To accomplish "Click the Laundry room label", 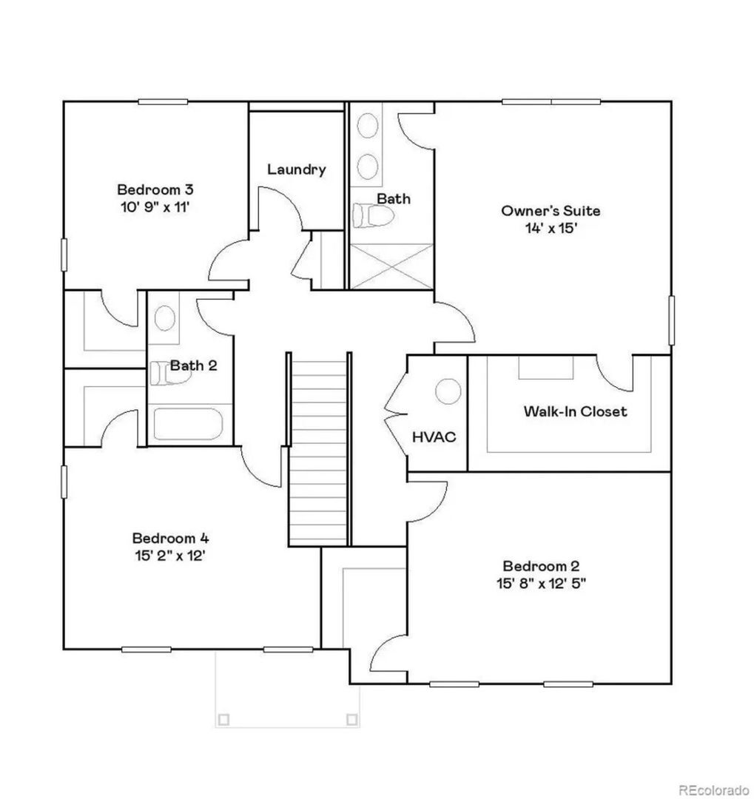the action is coord(296,169).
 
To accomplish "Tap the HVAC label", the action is coord(434,436).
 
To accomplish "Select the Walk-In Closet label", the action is coord(575,411).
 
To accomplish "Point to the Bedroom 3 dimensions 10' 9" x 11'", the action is coord(155,207).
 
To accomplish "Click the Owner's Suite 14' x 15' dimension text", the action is coord(551,228).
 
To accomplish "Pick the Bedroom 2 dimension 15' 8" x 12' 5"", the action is coord(541,583).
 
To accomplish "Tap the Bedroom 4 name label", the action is coord(170,538).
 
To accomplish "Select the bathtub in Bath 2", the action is coord(188,424).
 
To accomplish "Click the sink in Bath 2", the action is coord(165,317).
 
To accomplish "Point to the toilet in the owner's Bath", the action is coord(373,215).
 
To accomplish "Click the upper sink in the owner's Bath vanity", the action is coord(368,125).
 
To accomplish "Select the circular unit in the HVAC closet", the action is coord(448,391).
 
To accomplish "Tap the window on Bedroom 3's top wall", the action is coord(163,102).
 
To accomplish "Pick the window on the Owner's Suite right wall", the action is coord(671,320).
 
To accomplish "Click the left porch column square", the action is coord(223,720).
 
